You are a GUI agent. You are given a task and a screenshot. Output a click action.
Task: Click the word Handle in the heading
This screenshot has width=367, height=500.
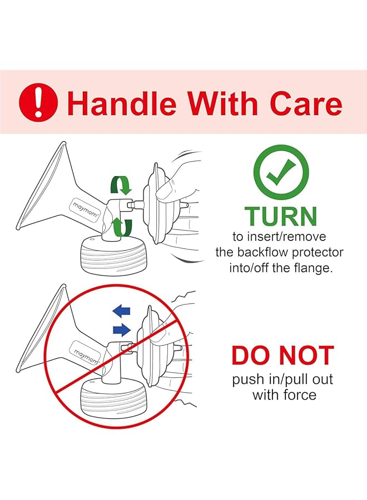coord(122,103)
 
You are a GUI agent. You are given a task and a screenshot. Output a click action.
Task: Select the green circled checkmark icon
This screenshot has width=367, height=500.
coord(281,173)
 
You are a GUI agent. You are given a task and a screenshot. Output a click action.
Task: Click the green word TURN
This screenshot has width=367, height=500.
coord(281,216)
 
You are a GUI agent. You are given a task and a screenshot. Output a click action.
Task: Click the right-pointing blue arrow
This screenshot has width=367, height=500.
coord(122,329)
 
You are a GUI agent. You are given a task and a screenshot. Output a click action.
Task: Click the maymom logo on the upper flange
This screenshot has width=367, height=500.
coord(85,210)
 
